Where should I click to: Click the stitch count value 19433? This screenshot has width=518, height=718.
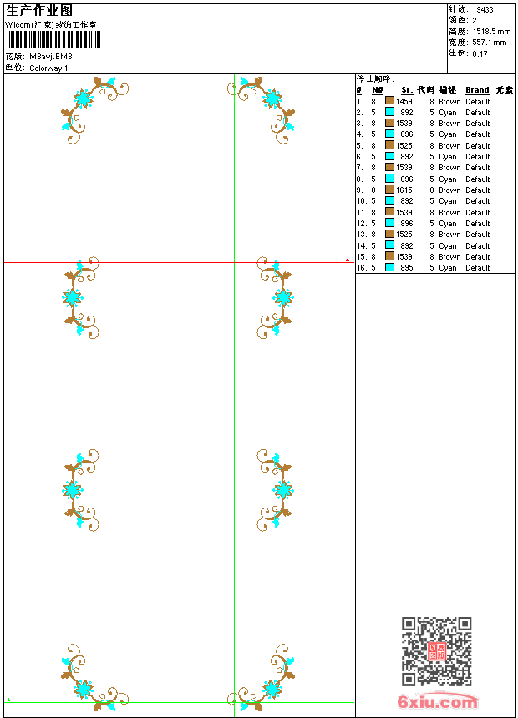tap(483, 10)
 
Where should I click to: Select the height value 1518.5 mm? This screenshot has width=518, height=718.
tap(491, 31)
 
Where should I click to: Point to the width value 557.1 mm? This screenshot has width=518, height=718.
tap(490, 42)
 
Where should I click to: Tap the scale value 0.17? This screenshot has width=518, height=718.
tap(480, 53)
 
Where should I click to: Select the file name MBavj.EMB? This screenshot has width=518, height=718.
tap(51, 57)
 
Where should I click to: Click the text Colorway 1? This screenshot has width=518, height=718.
tap(49, 68)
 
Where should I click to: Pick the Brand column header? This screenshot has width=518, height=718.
tap(477, 90)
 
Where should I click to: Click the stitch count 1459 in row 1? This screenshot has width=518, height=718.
tap(404, 101)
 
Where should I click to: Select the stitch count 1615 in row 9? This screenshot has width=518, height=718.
tap(404, 190)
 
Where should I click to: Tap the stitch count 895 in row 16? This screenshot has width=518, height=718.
tap(406, 268)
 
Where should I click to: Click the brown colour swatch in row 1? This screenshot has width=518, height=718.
tap(389, 101)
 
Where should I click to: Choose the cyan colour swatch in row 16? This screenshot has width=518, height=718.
tap(389, 268)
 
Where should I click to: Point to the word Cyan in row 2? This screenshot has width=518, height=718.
tap(448, 112)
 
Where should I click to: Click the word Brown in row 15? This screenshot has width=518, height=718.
tap(449, 257)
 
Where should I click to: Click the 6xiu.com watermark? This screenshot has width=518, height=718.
tap(438, 703)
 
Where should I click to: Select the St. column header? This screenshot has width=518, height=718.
tap(407, 90)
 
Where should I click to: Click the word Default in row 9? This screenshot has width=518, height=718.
tap(478, 190)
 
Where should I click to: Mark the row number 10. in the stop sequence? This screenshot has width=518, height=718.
tap(361, 201)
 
